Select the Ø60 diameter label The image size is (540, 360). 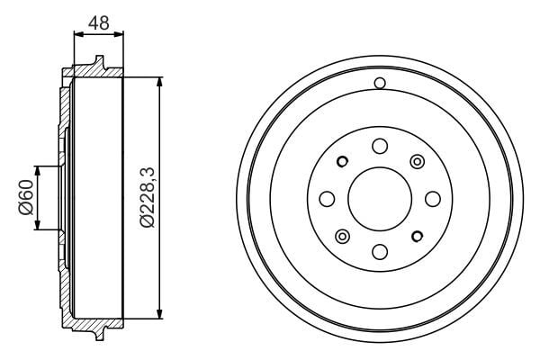[25, 198]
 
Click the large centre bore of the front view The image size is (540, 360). [379, 198]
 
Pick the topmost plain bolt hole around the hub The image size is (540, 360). [379, 146]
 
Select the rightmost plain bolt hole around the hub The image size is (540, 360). [432, 198]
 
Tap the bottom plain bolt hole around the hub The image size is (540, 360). [379, 251]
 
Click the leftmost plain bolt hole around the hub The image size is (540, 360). [327, 198]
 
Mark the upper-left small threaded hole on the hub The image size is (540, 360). [342, 162]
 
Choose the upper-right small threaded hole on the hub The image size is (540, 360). [417, 161]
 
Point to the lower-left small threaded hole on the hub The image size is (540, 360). [342, 236]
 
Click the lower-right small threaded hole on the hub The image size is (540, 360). [417, 236]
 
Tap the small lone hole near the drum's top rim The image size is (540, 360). [380, 84]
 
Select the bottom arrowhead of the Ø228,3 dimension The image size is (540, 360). [160, 314]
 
